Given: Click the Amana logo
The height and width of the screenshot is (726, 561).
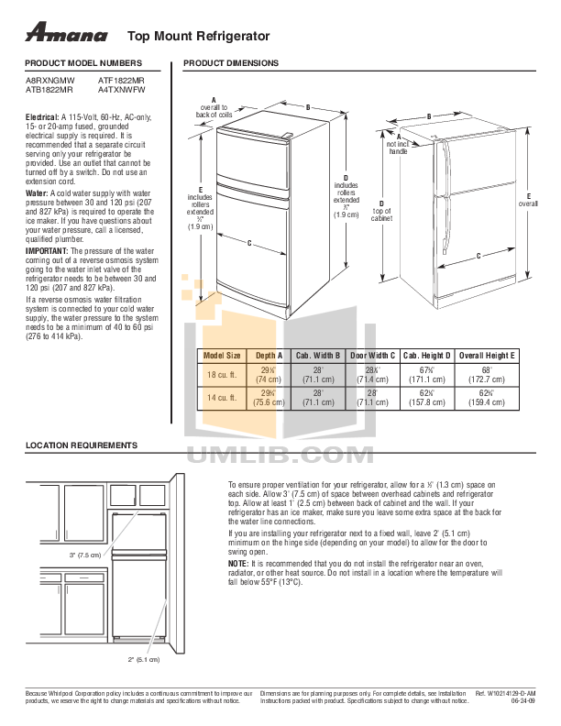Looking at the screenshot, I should click(66, 35).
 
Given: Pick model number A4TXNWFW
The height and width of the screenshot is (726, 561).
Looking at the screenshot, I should click(121, 91).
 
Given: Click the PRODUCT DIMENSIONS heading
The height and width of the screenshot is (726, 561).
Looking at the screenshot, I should click(231, 63).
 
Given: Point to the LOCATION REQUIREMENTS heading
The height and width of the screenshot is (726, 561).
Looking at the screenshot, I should click(81, 445).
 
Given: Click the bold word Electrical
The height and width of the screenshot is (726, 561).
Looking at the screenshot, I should click(41, 118).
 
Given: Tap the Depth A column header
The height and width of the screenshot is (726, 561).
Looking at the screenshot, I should click(269, 354).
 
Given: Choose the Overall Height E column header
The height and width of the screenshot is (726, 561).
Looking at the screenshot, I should click(488, 354).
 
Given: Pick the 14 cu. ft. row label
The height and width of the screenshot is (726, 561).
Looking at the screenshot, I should click(221, 398).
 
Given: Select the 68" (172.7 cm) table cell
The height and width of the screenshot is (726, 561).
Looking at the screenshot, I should click(488, 373).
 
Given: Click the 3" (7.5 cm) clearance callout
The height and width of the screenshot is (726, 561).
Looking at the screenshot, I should click(84, 555).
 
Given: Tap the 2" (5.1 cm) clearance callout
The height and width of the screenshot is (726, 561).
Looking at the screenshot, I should click(144, 659).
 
